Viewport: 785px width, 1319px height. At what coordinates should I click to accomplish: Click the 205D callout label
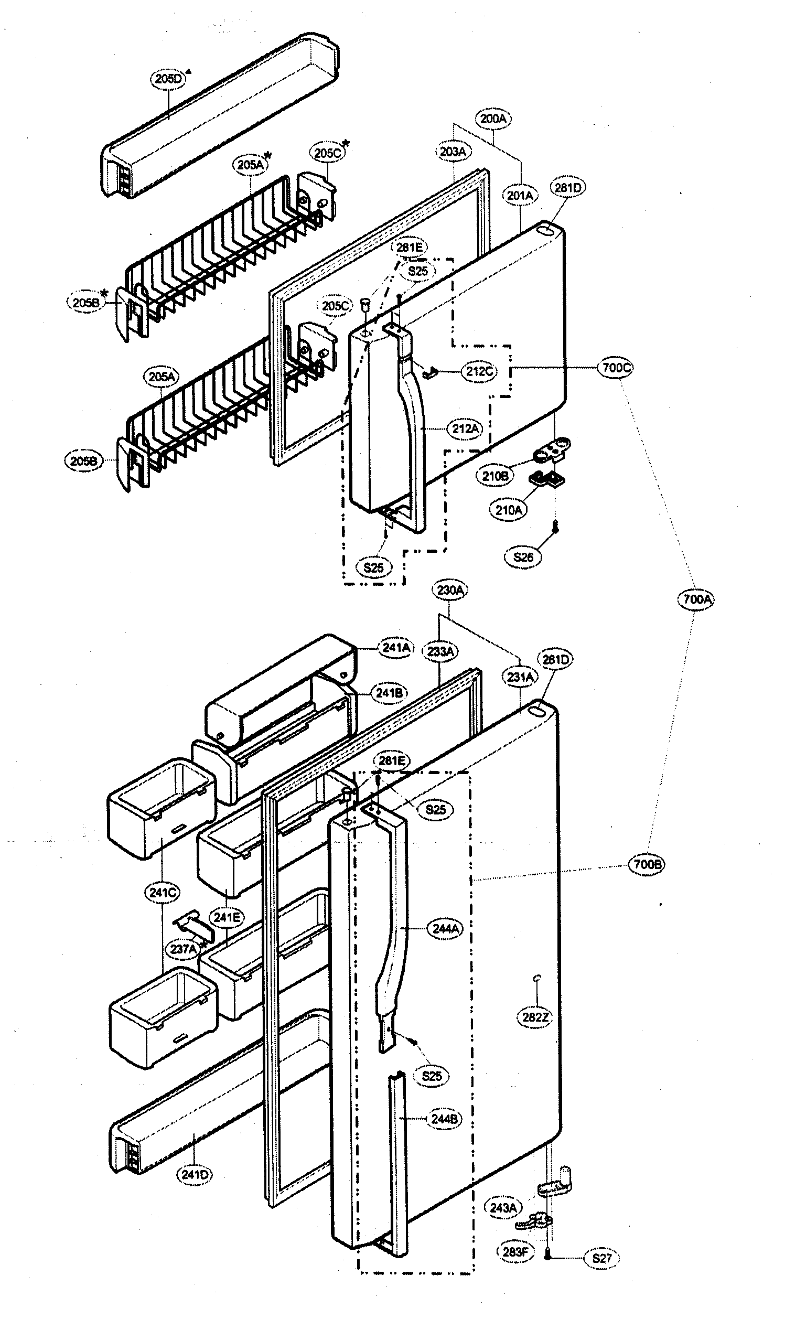tap(168, 79)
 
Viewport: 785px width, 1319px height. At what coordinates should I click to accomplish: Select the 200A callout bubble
tap(493, 119)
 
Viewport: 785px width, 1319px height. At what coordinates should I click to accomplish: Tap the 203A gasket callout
tap(453, 152)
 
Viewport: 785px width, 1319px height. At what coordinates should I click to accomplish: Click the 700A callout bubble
tap(696, 599)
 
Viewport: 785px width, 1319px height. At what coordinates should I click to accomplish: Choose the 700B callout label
tap(647, 864)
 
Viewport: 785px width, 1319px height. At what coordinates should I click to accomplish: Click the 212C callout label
tap(479, 371)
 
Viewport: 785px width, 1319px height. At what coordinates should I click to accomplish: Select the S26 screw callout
tap(523, 556)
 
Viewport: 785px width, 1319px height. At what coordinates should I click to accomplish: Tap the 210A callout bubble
tap(508, 510)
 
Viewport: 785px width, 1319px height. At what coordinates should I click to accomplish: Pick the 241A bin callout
tap(396, 648)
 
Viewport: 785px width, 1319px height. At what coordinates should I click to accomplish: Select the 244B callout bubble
tap(444, 1119)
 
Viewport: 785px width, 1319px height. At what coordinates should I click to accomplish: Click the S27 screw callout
tap(601, 1258)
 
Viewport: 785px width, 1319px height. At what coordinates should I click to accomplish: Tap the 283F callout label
tap(515, 1252)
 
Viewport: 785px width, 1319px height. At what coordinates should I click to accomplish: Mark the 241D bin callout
tap(194, 1175)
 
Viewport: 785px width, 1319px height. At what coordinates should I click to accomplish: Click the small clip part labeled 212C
tap(430, 372)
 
